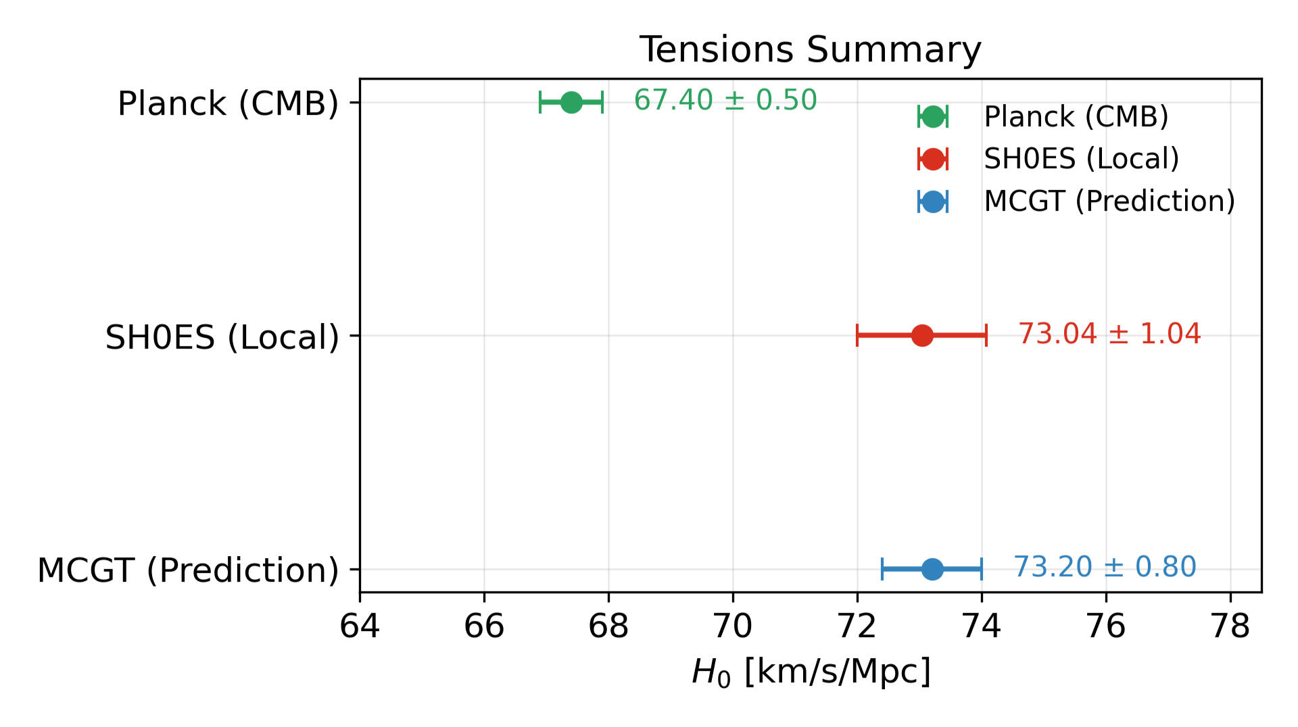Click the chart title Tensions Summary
click(810, 50)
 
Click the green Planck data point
click(571, 103)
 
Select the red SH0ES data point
click(922, 335)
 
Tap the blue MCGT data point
click(932, 569)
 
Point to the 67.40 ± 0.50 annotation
click(725, 101)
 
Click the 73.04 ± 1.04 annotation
click(1109, 334)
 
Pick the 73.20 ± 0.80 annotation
click(1105, 567)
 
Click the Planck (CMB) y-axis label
click(228, 104)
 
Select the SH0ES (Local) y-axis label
click(222, 337)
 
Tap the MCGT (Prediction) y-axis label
click(188, 570)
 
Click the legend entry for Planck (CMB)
click(1076, 117)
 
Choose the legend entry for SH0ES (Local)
click(1081, 159)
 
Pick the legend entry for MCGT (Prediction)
click(1109, 201)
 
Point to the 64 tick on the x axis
click(360, 627)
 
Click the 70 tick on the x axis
click(733, 627)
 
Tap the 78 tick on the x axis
click(1230, 627)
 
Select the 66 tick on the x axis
click(484, 627)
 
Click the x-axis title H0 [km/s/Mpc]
click(811, 672)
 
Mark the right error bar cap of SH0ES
click(986, 335)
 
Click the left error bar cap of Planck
click(540, 103)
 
